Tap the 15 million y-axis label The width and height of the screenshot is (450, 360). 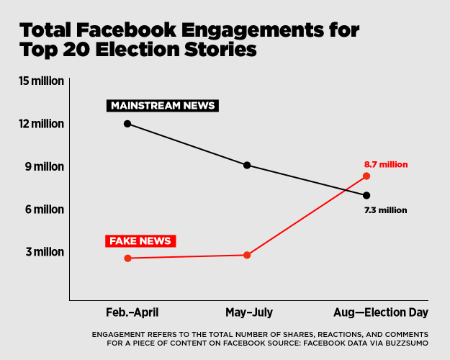42,81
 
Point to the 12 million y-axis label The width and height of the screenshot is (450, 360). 42,124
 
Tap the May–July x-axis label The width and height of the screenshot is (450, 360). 248,312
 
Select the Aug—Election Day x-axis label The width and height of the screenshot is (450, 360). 381,312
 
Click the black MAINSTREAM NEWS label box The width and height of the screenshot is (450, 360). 163,106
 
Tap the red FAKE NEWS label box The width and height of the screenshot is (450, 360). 140,240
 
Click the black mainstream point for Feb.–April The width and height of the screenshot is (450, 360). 127,124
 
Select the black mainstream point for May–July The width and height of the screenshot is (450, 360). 247,165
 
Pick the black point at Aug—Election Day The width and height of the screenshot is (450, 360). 366,195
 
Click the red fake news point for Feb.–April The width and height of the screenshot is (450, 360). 127,258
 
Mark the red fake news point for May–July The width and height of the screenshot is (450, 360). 247,255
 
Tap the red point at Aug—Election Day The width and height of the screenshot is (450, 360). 366,176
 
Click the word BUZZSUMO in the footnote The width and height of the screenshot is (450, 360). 407,343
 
